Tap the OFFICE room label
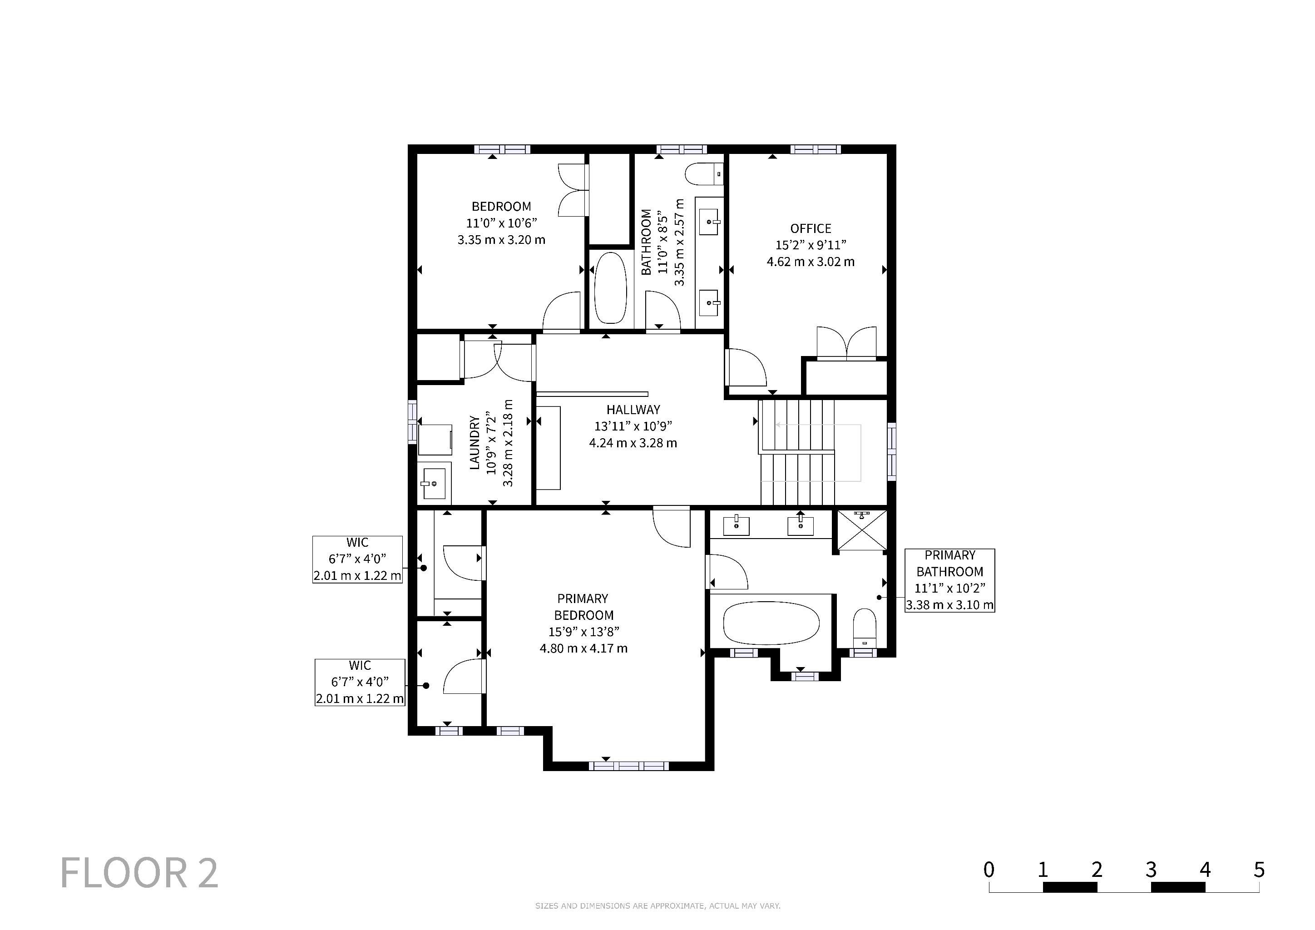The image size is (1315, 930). click(x=811, y=228)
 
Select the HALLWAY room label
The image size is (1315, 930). click(x=633, y=410)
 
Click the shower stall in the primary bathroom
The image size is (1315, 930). click(x=861, y=530)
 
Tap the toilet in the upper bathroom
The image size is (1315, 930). click(x=704, y=174)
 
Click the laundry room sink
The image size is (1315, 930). click(x=434, y=483)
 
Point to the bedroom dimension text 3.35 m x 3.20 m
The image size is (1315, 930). click(x=501, y=240)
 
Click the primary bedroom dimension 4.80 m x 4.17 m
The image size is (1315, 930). click(x=583, y=648)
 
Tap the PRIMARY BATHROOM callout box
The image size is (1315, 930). click(x=949, y=580)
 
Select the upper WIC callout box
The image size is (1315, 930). click(x=357, y=559)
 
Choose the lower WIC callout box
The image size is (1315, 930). click(x=360, y=682)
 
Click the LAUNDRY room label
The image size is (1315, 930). click(x=474, y=443)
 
